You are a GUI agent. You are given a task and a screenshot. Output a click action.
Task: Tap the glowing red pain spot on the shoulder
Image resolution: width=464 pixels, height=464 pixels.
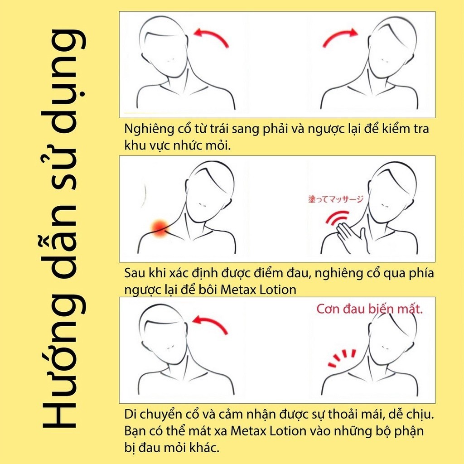(160, 228)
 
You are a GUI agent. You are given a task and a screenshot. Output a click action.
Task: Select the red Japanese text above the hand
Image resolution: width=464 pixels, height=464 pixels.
(336, 199)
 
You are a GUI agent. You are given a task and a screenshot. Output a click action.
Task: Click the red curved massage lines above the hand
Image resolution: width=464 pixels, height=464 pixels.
(337, 217)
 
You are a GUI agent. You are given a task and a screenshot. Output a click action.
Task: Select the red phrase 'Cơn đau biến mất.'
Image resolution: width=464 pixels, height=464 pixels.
(370, 309)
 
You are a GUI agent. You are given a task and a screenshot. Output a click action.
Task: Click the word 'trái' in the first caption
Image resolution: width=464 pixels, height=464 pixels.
(220, 129)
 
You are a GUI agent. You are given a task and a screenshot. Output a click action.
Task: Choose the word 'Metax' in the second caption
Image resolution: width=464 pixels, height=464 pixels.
(238, 290)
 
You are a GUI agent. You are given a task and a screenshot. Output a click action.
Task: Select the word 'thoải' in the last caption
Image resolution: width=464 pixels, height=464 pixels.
(341, 414)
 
